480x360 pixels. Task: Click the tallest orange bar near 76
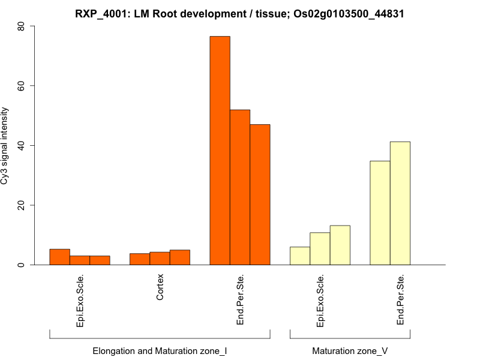pyautogui.click(x=220, y=150)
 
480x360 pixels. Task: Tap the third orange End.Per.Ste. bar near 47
pyautogui.click(x=260, y=194)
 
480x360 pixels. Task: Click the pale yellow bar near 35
pyautogui.click(x=380, y=212)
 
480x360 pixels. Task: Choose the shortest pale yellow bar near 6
pyautogui.click(x=300, y=256)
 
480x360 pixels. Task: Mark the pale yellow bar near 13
pyautogui.click(x=340, y=245)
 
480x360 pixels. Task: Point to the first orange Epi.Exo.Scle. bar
pyautogui.click(x=59, y=257)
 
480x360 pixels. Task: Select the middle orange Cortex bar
pyautogui.click(x=160, y=259)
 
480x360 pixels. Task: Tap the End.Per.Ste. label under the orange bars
pyautogui.click(x=240, y=300)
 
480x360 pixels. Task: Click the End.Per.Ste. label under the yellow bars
pyautogui.click(x=400, y=300)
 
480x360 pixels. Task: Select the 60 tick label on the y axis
pyautogui.click(x=22, y=86)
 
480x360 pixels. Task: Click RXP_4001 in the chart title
pyautogui.click(x=100, y=14)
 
